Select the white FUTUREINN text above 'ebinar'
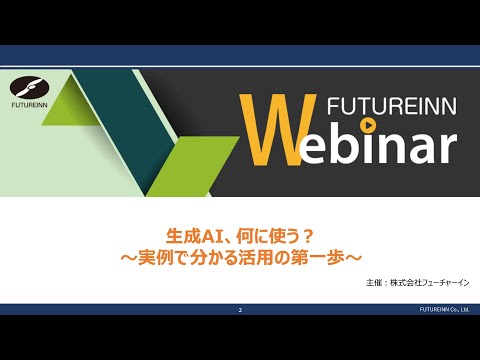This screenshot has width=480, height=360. coord(381,104)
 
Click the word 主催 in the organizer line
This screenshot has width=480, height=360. coord(376,283)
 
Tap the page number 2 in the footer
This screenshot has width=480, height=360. coord(241,311)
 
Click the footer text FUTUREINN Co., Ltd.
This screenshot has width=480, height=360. coord(446,311)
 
